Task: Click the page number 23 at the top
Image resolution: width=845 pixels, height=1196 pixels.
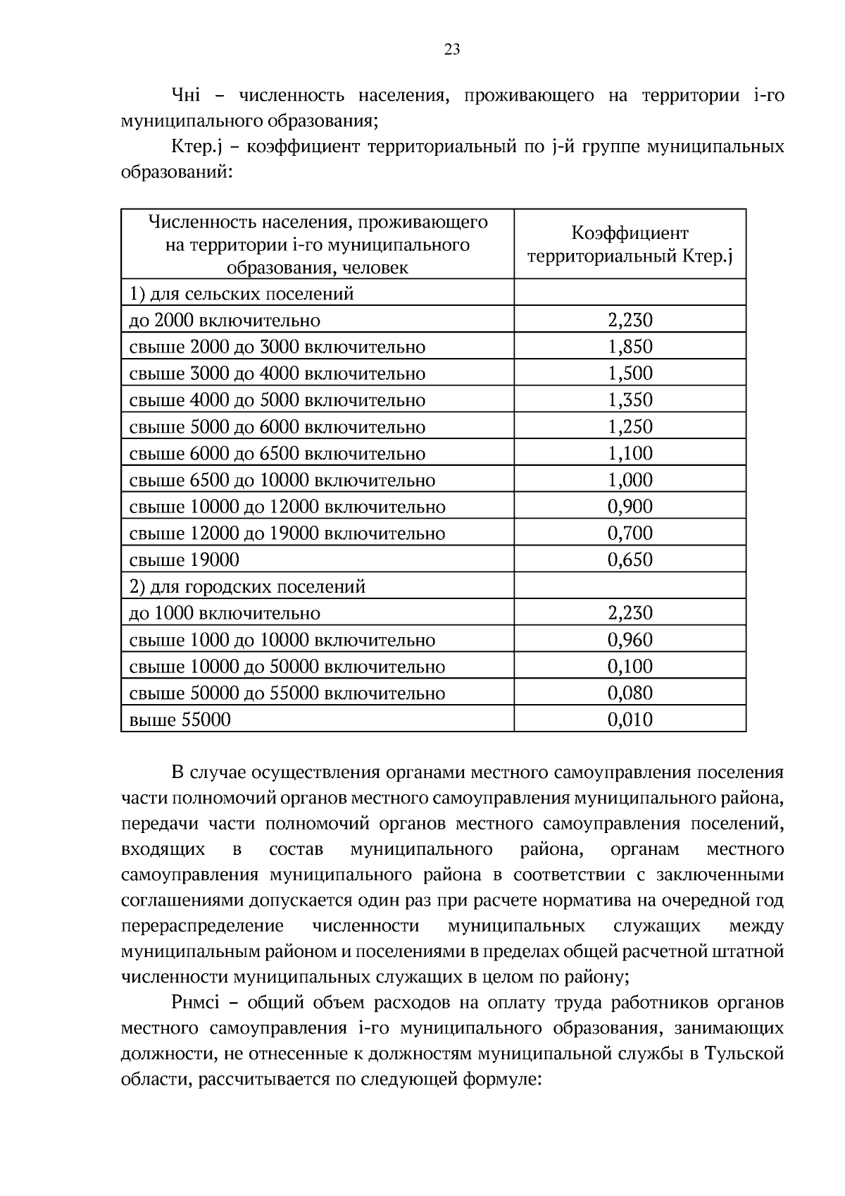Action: (x=452, y=49)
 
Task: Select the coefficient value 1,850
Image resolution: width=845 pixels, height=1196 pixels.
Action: (x=630, y=347)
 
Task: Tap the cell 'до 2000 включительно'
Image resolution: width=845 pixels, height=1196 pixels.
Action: (x=225, y=321)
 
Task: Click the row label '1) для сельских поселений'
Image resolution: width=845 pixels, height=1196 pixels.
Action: (x=242, y=294)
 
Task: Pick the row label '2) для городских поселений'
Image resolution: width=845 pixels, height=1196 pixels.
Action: (x=247, y=586)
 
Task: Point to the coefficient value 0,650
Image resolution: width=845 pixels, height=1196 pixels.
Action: (x=630, y=560)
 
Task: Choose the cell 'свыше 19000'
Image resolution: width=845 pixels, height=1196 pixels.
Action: (x=184, y=560)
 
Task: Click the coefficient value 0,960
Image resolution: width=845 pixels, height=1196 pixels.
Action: (x=630, y=640)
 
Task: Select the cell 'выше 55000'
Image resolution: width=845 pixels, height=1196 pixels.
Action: (x=180, y=720)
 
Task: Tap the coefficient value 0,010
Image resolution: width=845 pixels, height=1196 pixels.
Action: (x=630, y=720)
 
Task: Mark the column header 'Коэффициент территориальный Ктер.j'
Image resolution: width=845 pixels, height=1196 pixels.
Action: (x=630, y=244)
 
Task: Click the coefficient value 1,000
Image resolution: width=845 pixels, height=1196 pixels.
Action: (x=630, y=480)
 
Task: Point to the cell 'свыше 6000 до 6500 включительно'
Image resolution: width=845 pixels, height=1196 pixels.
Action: (x=277, y=454)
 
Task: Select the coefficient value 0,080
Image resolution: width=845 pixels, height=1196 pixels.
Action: (x=630, y=693)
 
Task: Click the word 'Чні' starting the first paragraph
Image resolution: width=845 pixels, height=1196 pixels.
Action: (x=186, y=95)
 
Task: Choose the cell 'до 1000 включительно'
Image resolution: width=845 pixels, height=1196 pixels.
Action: (x=225, y=613)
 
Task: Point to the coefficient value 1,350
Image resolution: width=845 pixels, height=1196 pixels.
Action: (x=630, y=400)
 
